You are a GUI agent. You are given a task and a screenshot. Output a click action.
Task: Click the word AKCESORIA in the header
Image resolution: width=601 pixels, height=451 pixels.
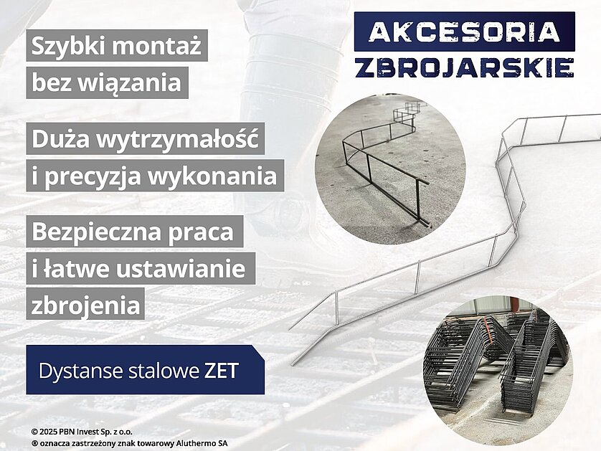[x=464, y=32]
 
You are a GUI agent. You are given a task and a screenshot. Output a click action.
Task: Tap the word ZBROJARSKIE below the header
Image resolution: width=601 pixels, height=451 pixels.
[x=464, y=68]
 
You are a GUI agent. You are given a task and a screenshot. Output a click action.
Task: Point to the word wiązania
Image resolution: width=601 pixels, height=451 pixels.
[x=130, y=83]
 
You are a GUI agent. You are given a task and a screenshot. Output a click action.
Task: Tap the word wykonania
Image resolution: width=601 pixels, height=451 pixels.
[x=212, y=176]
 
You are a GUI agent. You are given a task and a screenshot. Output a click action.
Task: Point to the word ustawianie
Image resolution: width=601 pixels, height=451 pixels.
[x=181, y=269]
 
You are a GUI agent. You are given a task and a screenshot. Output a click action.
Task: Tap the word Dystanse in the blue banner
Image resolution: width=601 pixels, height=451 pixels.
[x=80, y=371]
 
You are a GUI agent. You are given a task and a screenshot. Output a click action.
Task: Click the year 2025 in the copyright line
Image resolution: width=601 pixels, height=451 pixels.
[x=48, y=432]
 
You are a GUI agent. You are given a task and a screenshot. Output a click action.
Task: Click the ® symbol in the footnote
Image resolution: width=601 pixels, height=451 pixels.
[x=35, y=443]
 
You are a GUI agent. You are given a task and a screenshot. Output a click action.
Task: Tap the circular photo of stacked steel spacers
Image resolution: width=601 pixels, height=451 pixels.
[x=498, y=371]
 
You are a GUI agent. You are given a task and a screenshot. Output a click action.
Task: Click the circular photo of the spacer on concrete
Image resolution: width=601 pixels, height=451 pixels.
[x=390, y=169]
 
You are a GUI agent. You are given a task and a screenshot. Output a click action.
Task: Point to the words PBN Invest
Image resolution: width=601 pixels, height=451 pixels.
[x=80, y=432]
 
